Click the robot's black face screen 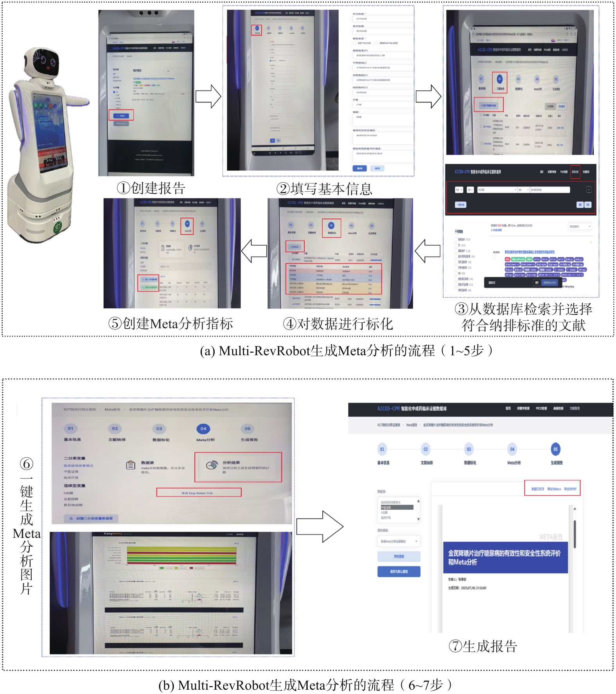click(44, 63)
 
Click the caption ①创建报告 click(151, 189)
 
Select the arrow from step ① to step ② click(208, 96)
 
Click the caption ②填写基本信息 click(324, 189)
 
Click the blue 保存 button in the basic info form click(359, 168)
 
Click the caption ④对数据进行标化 click(338, 324)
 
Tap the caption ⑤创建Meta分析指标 click(171, 324)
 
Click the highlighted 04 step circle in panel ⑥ click(203, 429)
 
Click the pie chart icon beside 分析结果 click(212, 465)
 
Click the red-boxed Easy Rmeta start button click(199, 493)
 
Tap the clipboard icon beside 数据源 click(131, 465)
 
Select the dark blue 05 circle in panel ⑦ click(555, 449)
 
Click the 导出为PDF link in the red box click(570, 489)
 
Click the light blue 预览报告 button click(399, 556)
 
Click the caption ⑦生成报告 click(483, 646)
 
